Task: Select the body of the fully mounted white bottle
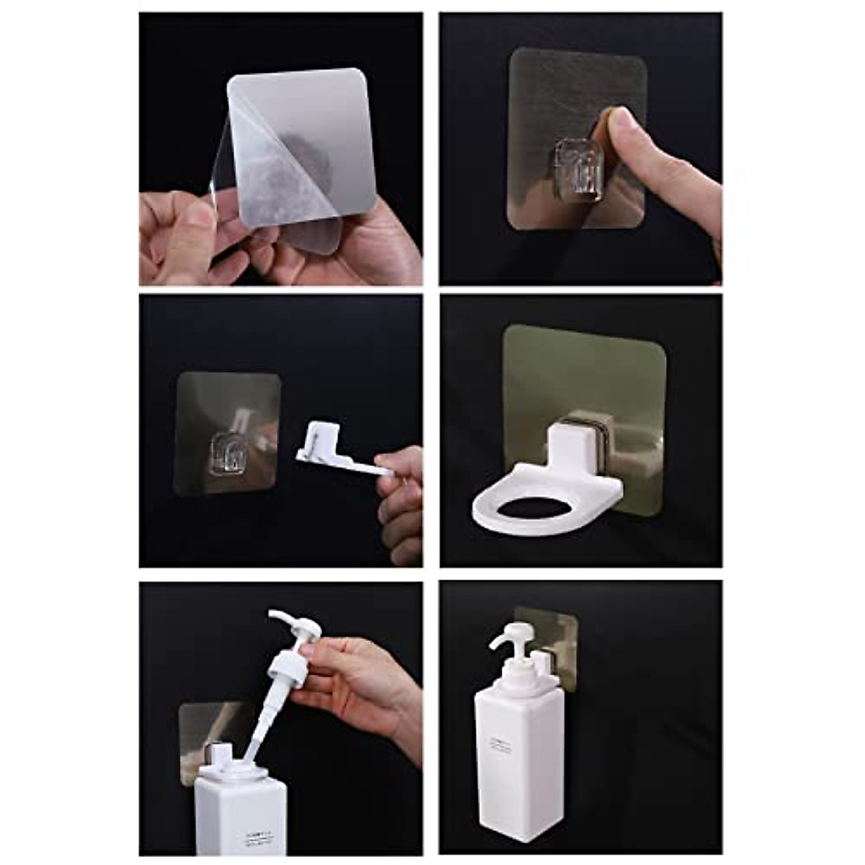point(515,778)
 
